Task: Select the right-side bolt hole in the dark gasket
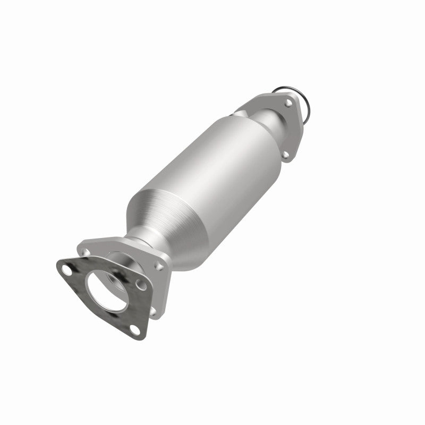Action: (141, 285)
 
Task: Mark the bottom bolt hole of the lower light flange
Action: (152, 311)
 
